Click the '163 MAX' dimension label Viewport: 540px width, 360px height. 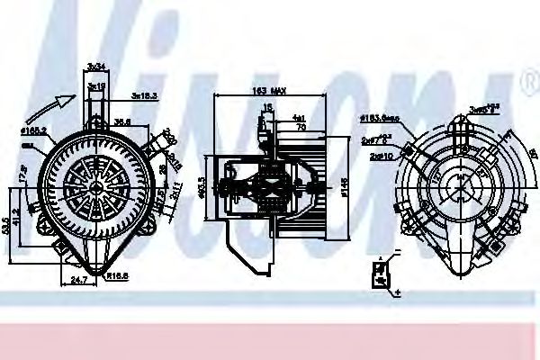pos(268,92)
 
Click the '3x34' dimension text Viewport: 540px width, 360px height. pos(96,66)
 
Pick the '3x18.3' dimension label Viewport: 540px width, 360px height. pos(145,94)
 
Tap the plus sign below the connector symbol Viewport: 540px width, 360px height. pos(397,292)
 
